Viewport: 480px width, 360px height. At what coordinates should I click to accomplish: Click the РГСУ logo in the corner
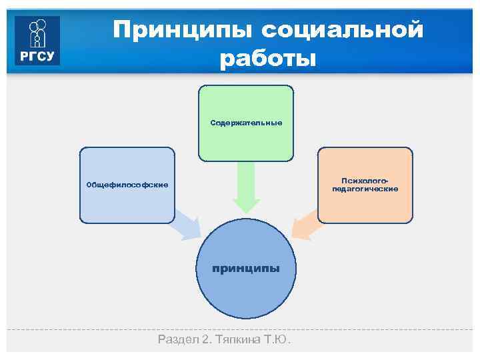[x=37, y=41]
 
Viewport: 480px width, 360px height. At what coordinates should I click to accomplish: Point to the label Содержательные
[x=246, y=123]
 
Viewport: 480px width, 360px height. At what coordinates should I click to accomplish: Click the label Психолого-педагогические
[x=365, y=185]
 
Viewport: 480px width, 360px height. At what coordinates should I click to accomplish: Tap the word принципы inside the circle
[x=246, y=268]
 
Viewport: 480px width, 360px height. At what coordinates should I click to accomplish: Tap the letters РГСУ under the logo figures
[x=37, y=56]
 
